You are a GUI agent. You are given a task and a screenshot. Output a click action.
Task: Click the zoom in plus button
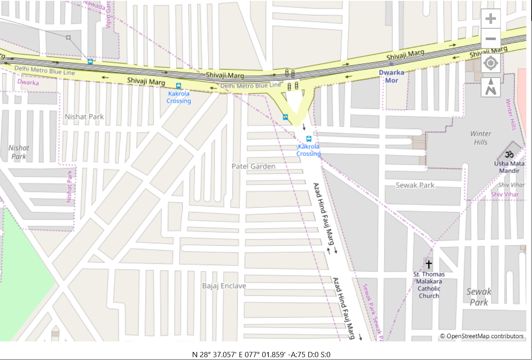[x=491, y=19]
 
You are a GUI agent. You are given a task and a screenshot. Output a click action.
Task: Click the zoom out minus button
[x=491, y=39]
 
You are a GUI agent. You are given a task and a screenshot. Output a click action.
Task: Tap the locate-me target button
[x=491, y=63]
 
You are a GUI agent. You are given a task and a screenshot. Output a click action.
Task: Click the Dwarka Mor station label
[x=391, y=76]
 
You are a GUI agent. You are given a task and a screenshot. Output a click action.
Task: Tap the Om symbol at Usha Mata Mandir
[x=509, y=154]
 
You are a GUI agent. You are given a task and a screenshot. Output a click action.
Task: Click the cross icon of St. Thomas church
[x=429, y=265]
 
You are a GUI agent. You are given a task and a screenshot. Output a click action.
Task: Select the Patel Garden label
[x=253, y=166]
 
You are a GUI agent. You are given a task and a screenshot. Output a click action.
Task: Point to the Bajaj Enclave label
[x=224, y=286]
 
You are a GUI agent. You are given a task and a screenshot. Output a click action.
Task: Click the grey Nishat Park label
[x=84, y=117]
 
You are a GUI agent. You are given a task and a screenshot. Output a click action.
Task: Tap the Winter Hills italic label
[x=481, y=138]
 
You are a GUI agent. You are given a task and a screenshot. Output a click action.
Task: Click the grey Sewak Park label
[x=415, y=185]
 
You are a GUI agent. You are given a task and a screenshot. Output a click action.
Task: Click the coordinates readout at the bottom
[x=261, y=354]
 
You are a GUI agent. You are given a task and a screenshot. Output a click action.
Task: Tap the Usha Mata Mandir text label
[x=509, y=167]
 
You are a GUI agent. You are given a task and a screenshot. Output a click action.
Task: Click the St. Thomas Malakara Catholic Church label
[x=429, y=285]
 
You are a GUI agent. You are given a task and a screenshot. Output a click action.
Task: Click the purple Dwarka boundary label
[x=28, y=82]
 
